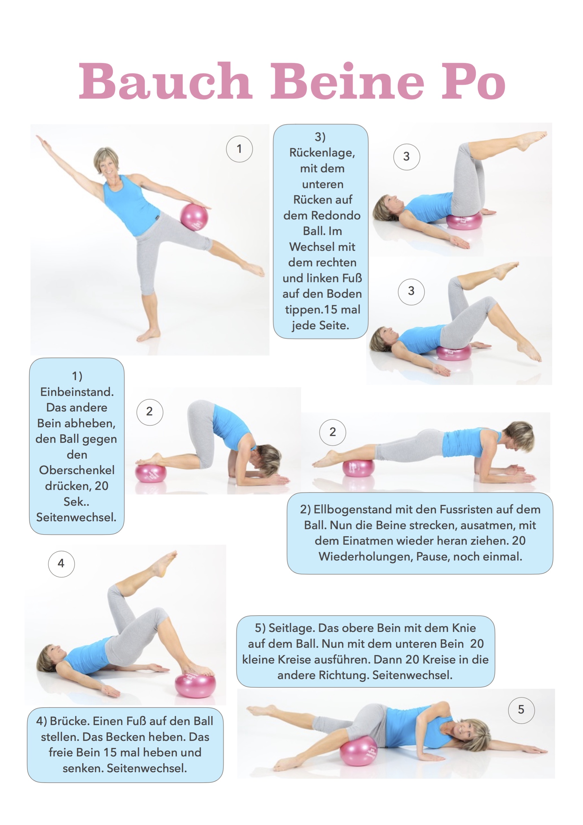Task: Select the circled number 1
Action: (x=239, y=149)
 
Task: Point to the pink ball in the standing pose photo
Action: (x=194, y=216)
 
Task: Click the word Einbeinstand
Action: (x=77, y=392)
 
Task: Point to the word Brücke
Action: (x=70, y=721)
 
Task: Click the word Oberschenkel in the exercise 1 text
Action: (x=77, y=470)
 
